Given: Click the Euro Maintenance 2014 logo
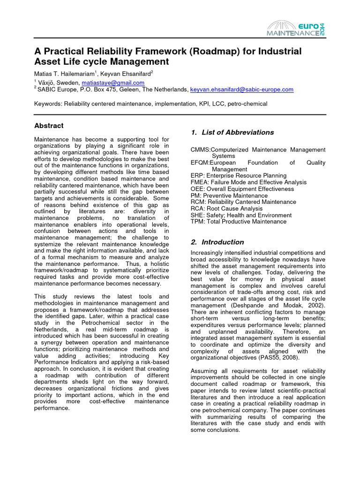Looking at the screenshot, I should tap(295, 29).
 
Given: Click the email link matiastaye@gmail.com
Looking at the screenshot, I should tap(115, 83).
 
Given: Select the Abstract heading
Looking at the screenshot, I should tap(49, 126).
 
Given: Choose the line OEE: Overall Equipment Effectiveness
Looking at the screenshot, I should tap(242, 189).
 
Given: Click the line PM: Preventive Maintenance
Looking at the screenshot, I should tap(229, 195).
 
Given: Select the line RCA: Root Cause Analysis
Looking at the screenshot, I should tap(230, 209).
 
